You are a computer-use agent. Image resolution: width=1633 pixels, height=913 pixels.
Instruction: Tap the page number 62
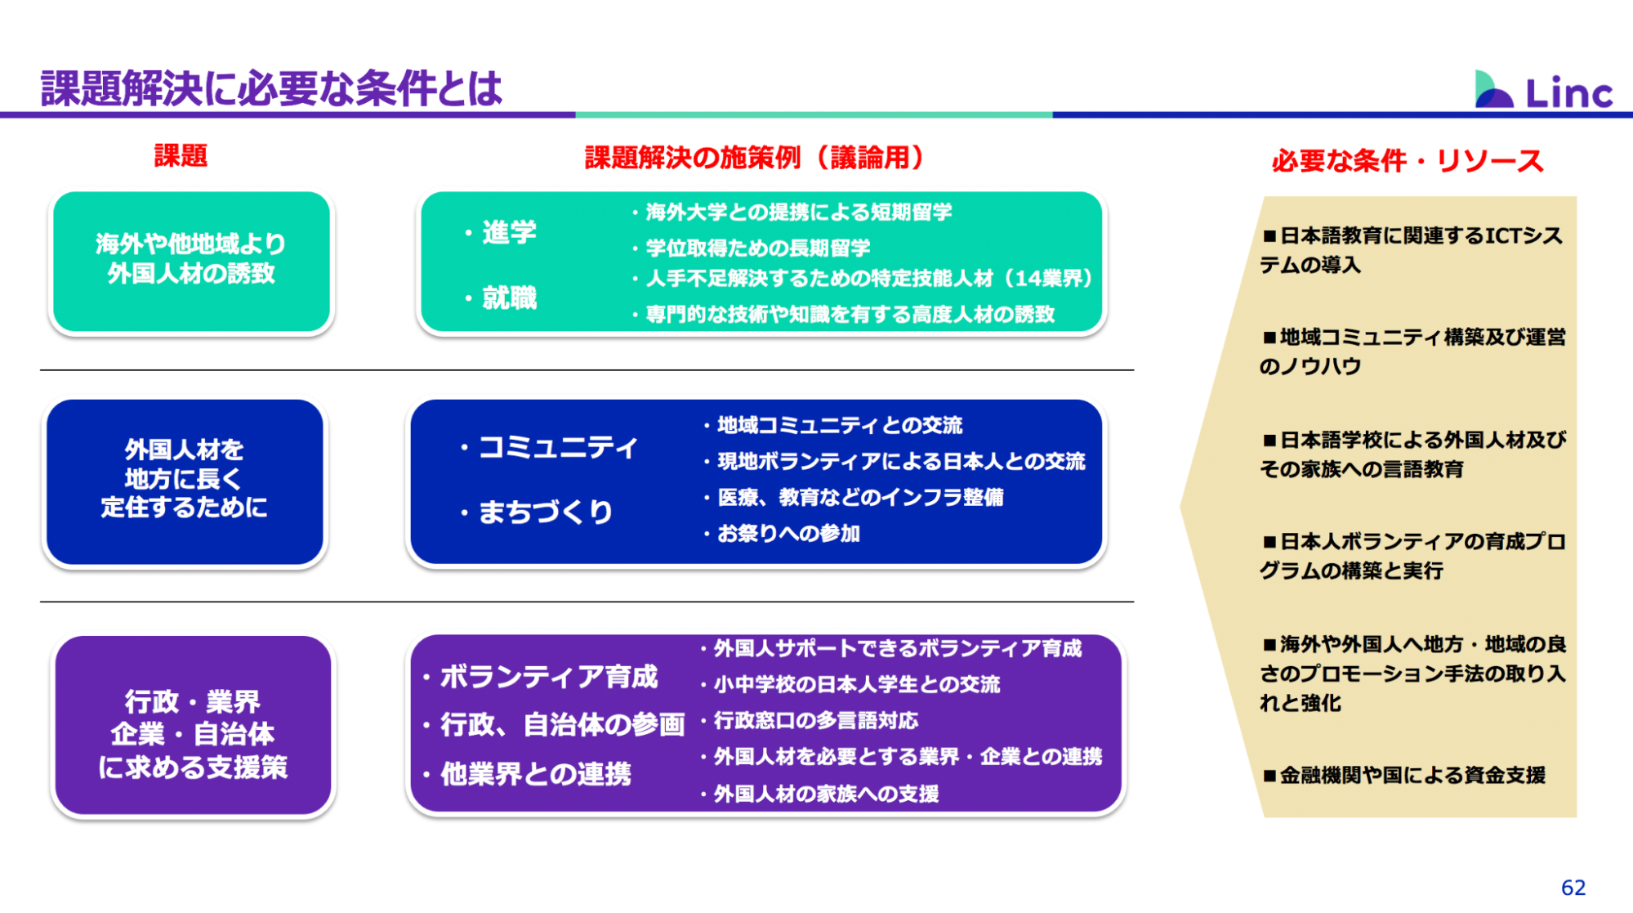[1573, 888]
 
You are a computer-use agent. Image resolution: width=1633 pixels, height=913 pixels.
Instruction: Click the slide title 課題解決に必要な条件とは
[271, 88]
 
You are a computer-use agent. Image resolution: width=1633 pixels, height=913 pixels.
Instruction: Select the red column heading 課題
[181, 155]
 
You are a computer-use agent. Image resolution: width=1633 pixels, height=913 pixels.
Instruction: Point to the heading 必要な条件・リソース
[1408, 160]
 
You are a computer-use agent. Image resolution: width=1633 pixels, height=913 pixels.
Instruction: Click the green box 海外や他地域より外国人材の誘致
[191, 262]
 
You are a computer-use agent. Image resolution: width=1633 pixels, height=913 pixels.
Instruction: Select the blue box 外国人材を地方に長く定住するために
[185, 481]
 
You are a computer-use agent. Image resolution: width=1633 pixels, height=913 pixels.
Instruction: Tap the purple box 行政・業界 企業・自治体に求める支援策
[193, 725]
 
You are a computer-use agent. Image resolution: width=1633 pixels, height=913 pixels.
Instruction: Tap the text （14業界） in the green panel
[1044, 278]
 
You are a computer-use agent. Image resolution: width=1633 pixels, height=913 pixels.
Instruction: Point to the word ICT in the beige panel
[1502, 235]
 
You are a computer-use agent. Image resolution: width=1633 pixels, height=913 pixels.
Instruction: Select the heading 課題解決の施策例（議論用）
[756, 157]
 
